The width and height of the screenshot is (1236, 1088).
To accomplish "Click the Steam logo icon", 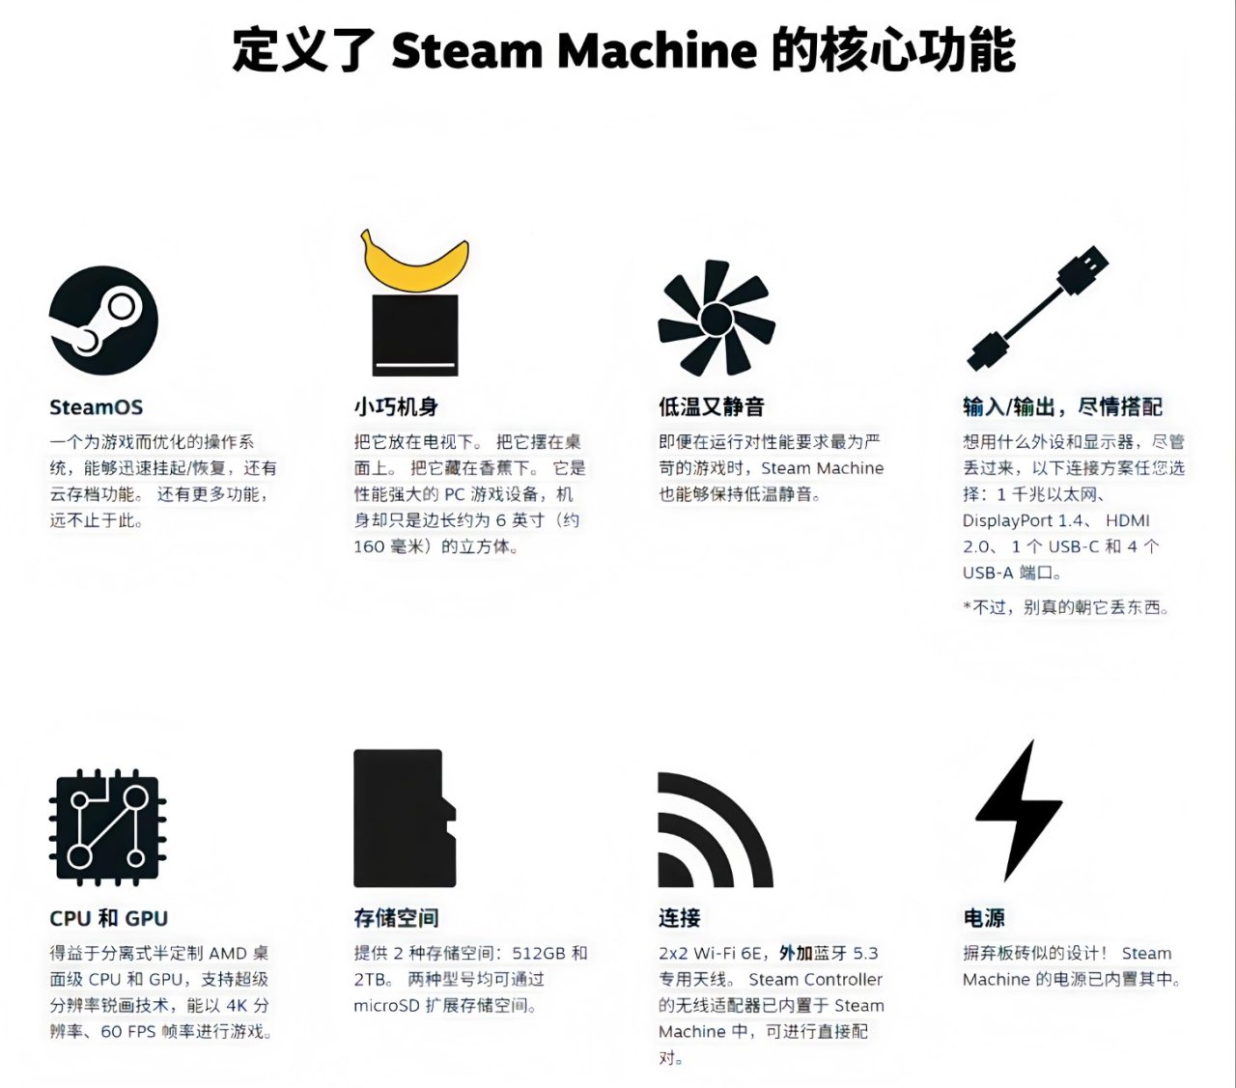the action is click(103, 321).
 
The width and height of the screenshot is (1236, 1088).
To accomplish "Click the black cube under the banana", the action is click(415, 335).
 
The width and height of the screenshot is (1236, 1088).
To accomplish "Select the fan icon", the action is click(716, 318).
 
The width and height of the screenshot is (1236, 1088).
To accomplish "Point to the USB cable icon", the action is click(1038, 309).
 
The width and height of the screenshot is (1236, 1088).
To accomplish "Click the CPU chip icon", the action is click(107, 827).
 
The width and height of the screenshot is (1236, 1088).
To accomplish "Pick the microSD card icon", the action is click(405, 818).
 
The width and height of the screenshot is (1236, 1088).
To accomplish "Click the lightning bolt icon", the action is click(1019, 811).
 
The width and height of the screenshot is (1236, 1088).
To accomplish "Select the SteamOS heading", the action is click(96, 406).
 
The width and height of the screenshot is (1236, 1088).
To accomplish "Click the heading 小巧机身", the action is click(396, 406).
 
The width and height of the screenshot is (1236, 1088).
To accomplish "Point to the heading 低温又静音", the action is click(712, 406).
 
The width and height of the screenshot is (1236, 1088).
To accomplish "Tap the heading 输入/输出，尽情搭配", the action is click(1063, 406).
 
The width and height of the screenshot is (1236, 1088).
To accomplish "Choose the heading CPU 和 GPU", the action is click(108, 918).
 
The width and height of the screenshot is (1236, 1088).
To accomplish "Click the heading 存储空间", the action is click(396, 918).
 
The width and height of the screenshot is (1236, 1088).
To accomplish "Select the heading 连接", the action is click(679, 918).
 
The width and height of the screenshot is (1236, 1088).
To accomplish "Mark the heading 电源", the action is click(983, 918).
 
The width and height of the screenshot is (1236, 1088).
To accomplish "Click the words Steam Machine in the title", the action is click(575, 50).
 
